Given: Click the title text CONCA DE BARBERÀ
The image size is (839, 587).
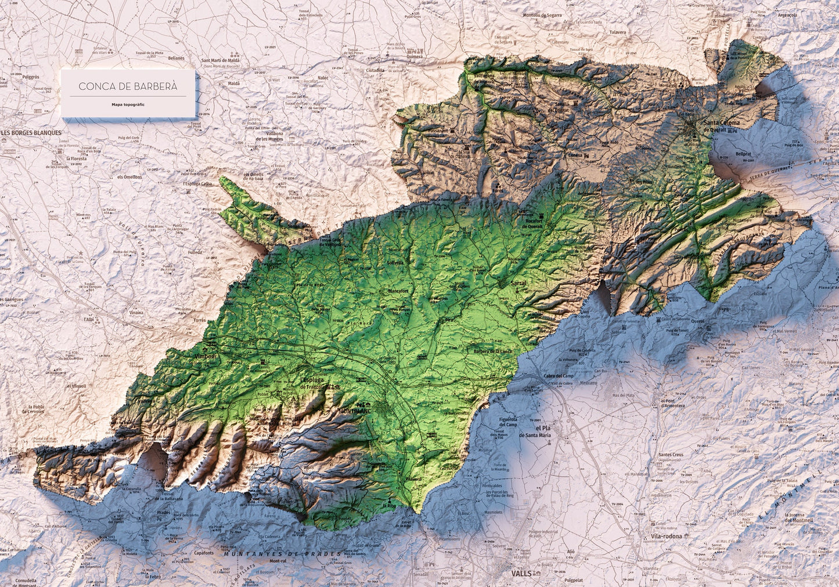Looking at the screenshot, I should pos(128,86).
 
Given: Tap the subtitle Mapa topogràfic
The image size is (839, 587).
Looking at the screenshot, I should pos(128,105).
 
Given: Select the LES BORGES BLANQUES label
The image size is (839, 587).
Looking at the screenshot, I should pos(31,132).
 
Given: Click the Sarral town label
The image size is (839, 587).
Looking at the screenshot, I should pos(518,284).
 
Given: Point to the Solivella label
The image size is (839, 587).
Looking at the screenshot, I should pos(395,263).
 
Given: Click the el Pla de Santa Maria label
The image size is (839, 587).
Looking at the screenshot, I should pos(535,431).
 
